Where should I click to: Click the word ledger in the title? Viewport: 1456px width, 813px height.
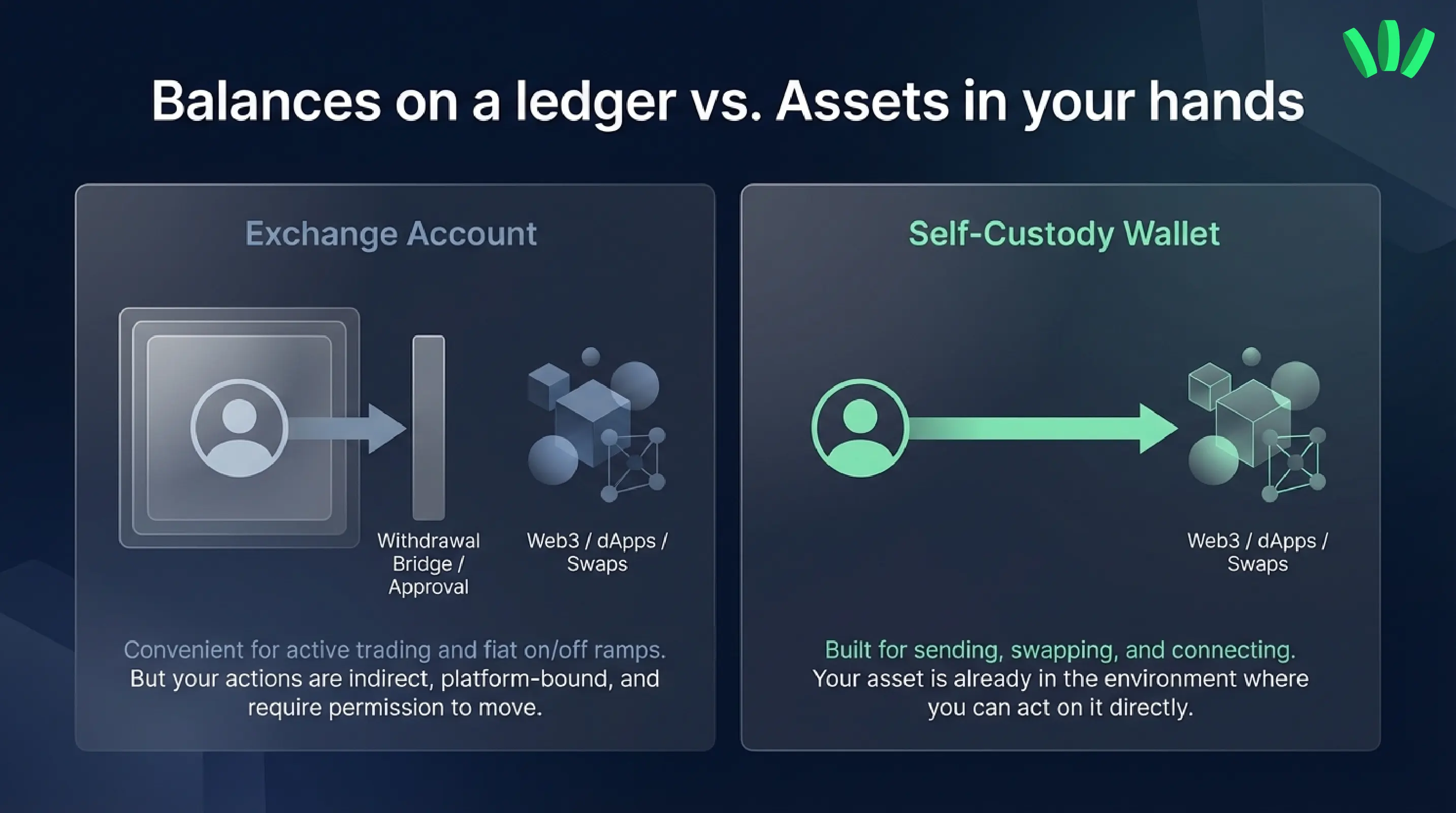595,102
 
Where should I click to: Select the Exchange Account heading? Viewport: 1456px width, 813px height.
391,234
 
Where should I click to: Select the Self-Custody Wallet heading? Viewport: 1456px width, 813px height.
1064,234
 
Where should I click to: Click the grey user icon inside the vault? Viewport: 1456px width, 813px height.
239,428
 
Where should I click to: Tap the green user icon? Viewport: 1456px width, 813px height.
860,428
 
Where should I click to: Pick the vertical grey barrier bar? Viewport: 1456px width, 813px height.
429,427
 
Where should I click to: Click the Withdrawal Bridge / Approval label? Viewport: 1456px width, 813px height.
429,564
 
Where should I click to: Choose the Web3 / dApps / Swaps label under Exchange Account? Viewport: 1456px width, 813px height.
597,552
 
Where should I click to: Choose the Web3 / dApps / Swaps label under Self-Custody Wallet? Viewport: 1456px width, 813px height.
1257,552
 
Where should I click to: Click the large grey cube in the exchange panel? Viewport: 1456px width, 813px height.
592,422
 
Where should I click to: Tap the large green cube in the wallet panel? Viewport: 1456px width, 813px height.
1252,422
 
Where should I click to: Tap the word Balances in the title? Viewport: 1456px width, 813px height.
266,102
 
